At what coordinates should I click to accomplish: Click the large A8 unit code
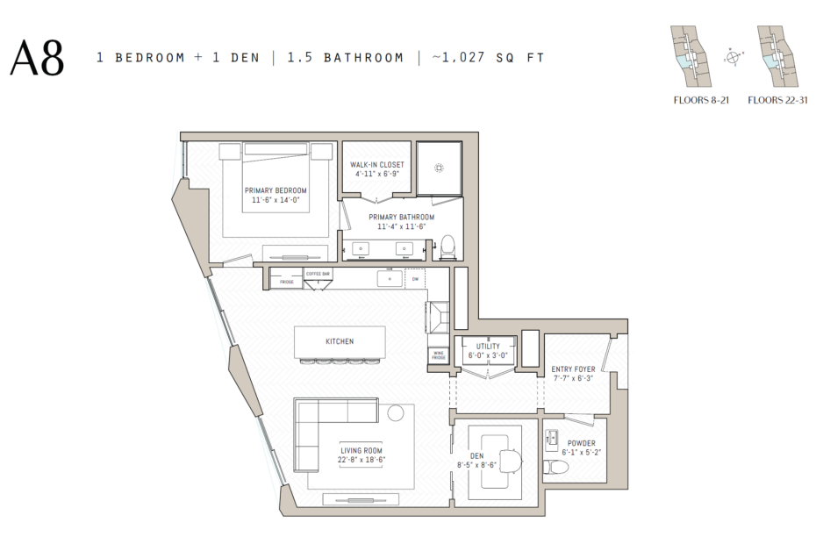tap(37, 58)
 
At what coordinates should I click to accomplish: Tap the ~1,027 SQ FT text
tap(488, 58)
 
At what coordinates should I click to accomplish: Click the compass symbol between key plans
tap(733, 58)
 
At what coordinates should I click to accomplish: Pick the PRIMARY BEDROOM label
tap(276, 190)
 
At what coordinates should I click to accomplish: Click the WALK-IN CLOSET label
tap(377, 164)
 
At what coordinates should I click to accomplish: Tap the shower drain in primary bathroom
tap(439, 168)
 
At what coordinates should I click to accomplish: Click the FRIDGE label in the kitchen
tap(286, 283)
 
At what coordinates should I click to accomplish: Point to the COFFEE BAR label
tap(318, 274)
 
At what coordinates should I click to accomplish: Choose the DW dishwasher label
tap(415, 279)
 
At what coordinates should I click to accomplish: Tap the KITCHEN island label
tap(340, 340)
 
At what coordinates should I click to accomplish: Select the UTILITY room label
tap(488, 347)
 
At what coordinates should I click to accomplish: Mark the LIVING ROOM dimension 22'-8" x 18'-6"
tap(362, 459)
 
